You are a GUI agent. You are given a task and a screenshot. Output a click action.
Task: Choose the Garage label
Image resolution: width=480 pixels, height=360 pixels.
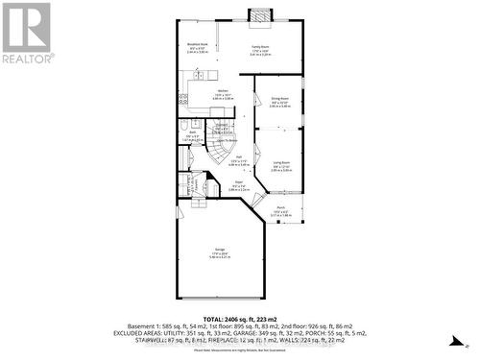(221, 252)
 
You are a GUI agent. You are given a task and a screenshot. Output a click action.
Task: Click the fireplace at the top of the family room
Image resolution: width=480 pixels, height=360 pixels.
(259, 14)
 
